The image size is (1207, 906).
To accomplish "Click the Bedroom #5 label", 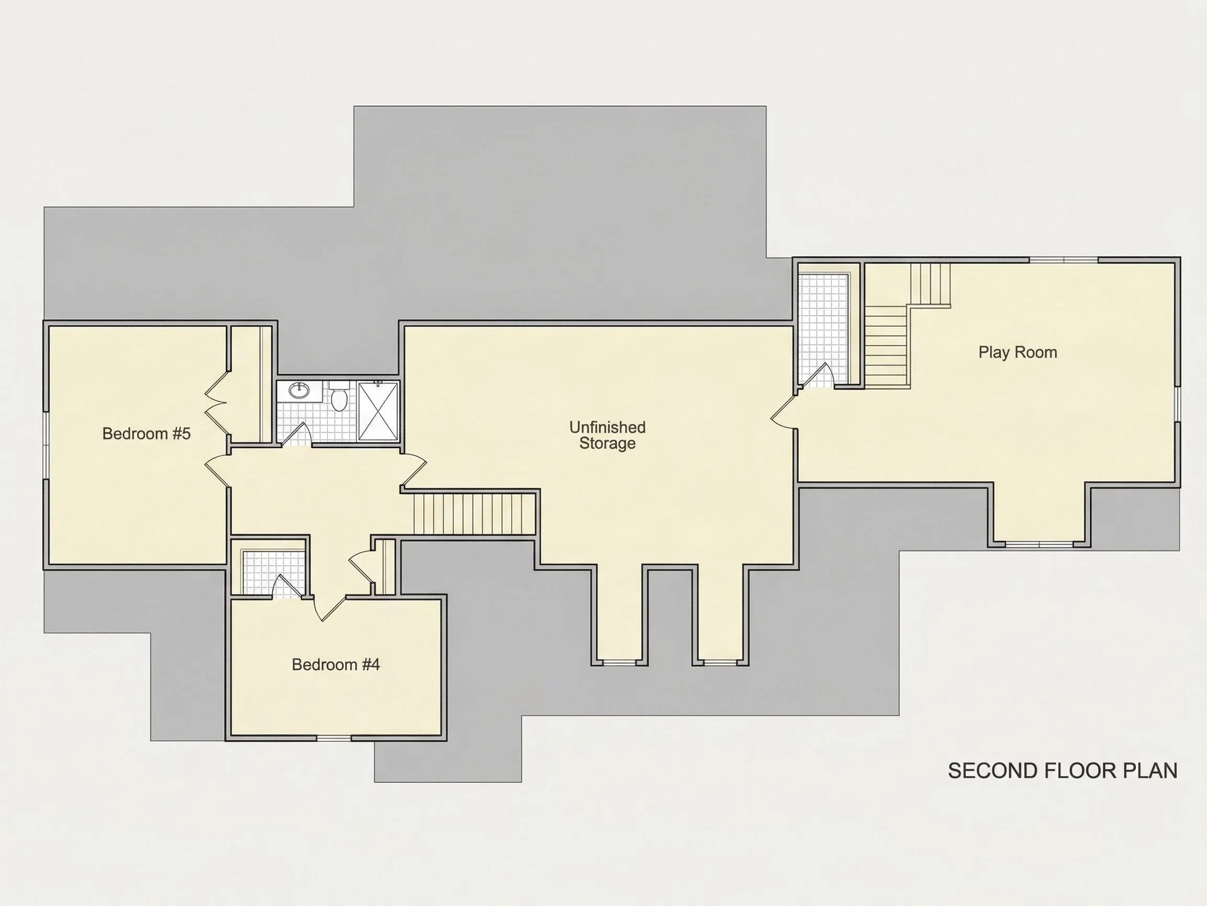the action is point(146,434).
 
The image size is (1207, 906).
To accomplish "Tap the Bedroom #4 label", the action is point(336,665).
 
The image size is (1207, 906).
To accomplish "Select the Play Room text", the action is point(1018,352).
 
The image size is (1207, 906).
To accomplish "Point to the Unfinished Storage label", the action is point(607,435).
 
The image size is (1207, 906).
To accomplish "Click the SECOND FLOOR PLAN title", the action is point(1062,771).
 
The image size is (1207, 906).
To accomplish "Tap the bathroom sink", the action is point(299,390).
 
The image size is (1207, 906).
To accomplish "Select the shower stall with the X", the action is point(378,411).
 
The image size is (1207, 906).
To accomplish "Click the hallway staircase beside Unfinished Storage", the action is point(474,514).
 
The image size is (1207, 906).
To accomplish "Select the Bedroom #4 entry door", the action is point(331,608).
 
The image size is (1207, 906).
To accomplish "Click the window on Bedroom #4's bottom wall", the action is point(334,738).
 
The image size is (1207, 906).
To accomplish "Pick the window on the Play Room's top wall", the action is point(1063,260).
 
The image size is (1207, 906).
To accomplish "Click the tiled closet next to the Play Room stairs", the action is point(823,328).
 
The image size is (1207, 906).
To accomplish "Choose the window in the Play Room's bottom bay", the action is point(1039,544).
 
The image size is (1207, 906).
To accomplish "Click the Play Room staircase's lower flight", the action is point(887,347).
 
